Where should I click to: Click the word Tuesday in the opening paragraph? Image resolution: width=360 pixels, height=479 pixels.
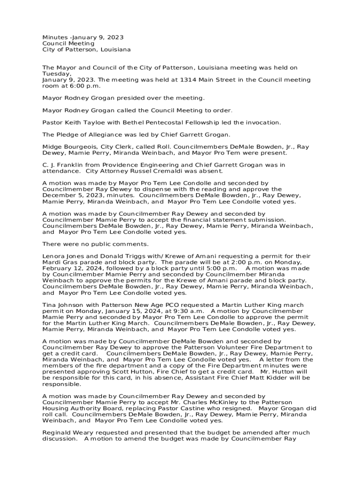click(x=57, y=74)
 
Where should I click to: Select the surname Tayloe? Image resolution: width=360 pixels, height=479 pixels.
click(x=96, y=123)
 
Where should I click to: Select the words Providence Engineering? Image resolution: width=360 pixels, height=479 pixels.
click(x=131, y=165)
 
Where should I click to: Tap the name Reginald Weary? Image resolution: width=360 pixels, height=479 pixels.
click(x=68, y=433)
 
